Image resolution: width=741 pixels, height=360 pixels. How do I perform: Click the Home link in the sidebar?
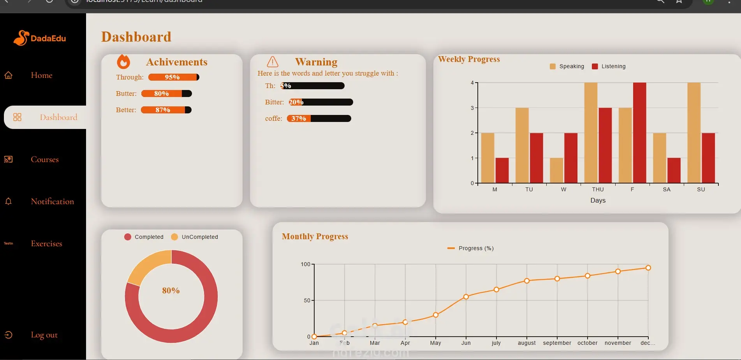point(41,75)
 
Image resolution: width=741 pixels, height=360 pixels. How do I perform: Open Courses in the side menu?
point(44,159)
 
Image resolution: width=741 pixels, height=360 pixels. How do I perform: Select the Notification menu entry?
point(52,201)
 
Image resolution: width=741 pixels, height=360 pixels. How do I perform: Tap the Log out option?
point(44,335)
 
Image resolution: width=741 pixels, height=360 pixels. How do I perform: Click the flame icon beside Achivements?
point(123,62)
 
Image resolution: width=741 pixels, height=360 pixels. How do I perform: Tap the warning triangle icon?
point(273,62)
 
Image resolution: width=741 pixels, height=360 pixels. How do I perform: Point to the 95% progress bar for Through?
point(174,77)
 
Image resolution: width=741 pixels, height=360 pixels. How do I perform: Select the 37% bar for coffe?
point(319,118)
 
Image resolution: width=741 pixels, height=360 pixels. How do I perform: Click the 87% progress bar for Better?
point(166,110)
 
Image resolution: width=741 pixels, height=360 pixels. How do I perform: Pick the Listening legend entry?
point(609,66)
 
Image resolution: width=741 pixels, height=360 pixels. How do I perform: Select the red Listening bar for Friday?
point(639,132)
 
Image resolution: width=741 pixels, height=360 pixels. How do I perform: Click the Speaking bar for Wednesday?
point(556,170)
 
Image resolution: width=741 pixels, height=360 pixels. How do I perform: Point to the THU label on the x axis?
point(598,189)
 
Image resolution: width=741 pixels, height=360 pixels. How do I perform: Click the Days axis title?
point(598,200)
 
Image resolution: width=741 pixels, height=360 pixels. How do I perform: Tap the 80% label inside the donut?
point(171,291)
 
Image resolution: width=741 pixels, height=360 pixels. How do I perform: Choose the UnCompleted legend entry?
point(195,237)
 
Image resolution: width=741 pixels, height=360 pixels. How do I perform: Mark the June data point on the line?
point(466,297)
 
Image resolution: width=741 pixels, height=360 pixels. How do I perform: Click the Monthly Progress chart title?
point(315,236)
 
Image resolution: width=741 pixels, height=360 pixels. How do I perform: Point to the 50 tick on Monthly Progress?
point(307,300)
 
